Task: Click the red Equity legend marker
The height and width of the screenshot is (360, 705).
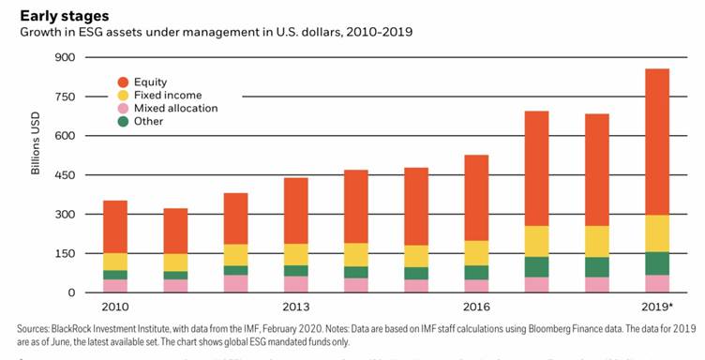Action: [x=123, y=82]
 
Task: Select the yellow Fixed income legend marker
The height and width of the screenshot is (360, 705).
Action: [x=123, y=95]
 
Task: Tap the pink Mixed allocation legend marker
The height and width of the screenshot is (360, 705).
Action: [x=123, y=108]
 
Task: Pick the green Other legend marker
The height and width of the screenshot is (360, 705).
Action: [x=123, y=121]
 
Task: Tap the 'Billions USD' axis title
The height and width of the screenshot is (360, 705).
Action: [x=34, y=174]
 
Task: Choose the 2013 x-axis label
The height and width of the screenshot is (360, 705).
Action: [x=295, y=307]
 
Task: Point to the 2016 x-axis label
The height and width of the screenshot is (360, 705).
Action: [x=476, y=307]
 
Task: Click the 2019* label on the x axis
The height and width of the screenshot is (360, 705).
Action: [x=658, y=307]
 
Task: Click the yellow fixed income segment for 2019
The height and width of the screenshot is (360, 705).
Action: [x=657, y=233]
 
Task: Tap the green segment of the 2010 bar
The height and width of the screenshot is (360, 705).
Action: [x=115, y=275]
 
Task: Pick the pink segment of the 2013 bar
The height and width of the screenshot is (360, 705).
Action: [x=296, y=284]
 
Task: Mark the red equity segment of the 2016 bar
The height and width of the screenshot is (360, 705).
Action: [x=477, y=197]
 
